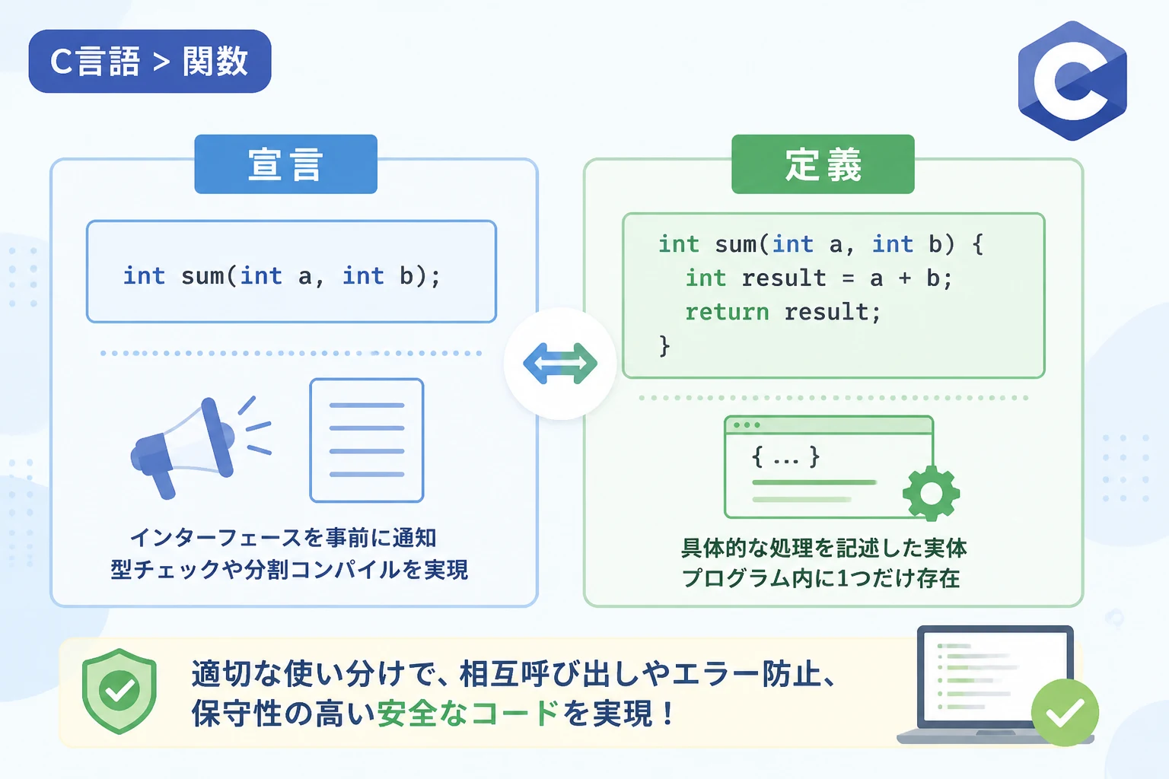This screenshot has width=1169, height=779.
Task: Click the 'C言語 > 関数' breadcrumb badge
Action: [150, 61]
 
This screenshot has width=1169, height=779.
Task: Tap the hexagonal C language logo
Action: [1072, 81]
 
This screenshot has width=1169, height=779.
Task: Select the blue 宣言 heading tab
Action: [285, 164]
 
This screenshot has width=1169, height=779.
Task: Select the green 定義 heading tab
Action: [823, 164]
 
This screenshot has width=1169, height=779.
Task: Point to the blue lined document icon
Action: [366, 440]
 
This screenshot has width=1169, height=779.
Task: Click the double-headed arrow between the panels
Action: [560, 364]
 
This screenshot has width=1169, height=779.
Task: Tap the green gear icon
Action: [931, 493]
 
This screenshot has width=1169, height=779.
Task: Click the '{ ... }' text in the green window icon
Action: [785, 458]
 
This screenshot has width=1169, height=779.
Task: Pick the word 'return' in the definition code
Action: [727, 312]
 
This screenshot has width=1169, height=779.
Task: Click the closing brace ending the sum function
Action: [664, 346]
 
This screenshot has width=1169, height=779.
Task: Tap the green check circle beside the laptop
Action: [1065, 713]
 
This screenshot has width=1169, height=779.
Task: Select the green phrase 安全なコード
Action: [468, 714]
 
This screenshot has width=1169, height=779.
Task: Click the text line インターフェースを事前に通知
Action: [283, 537]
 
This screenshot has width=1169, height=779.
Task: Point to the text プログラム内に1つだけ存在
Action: [821, 578]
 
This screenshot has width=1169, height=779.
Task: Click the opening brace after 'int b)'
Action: [978, 244]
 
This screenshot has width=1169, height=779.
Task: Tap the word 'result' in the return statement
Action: [826, 312]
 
